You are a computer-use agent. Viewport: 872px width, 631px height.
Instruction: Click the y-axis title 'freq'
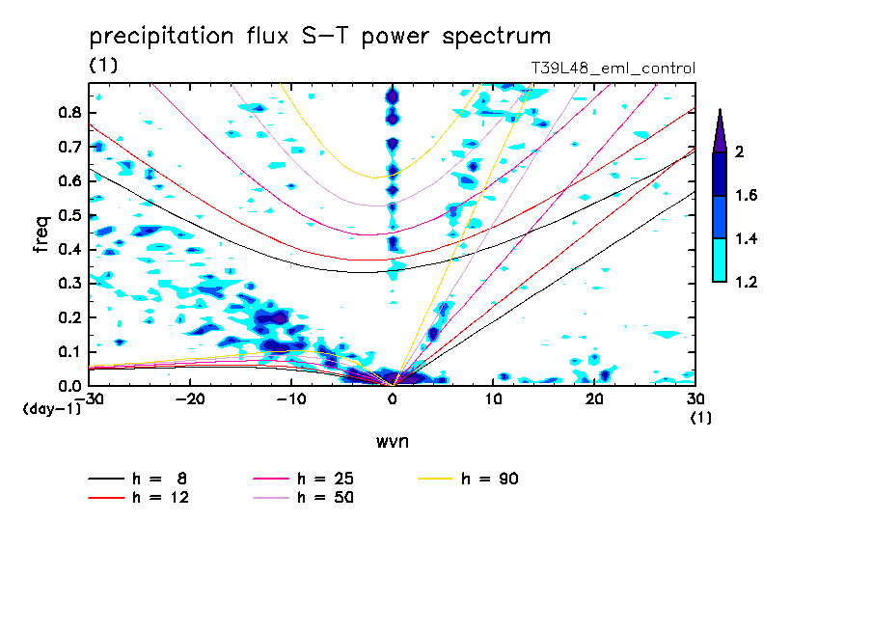41,234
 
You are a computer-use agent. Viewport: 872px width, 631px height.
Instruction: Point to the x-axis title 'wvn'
391,441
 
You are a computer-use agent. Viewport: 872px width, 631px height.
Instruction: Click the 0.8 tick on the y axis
68,112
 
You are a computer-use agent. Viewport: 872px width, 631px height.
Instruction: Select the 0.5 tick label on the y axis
68,215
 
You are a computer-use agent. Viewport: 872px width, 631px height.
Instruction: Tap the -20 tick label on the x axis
190,399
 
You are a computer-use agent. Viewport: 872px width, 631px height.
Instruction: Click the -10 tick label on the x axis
291,399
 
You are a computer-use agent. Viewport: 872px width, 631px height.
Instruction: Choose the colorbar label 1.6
748,195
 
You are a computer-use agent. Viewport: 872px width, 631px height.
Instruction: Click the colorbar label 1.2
748,282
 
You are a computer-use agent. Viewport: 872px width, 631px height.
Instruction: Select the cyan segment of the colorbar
720,260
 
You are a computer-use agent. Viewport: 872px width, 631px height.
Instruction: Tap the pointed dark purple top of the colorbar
720,131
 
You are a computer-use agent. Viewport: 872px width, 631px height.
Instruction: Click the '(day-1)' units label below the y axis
52,409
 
